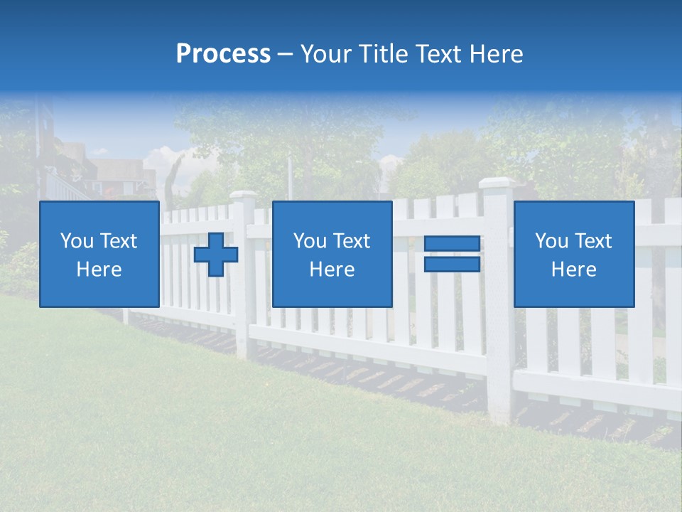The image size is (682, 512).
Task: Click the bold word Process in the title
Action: (x=223, y=54)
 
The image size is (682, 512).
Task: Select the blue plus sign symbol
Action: (x=216, y=255)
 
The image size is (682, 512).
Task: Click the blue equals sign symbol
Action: (x=452, y=254)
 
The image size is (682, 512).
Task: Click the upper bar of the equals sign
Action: (x=452, y=244)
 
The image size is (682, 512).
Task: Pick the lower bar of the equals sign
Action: (x=452, y=264)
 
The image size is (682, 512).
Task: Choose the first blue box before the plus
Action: (x=99, y=254)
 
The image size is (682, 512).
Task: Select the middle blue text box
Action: (x=332, y=254)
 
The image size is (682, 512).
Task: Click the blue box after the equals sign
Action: (x=574, y=254)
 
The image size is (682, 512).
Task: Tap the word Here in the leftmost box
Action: (x=99, y=270)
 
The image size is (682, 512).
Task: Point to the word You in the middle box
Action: (x=310, y=241)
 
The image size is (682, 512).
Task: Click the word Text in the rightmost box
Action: (x=593, y=241)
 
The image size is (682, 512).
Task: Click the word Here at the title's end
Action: (x=497, y=54)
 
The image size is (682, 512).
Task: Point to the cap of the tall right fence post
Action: (x=496, y=183)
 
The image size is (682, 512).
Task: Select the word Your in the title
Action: (x=326, y=54)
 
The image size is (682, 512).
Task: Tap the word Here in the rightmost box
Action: (x=574, y=270)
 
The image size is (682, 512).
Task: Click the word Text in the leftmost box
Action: (x=119, y=241)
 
